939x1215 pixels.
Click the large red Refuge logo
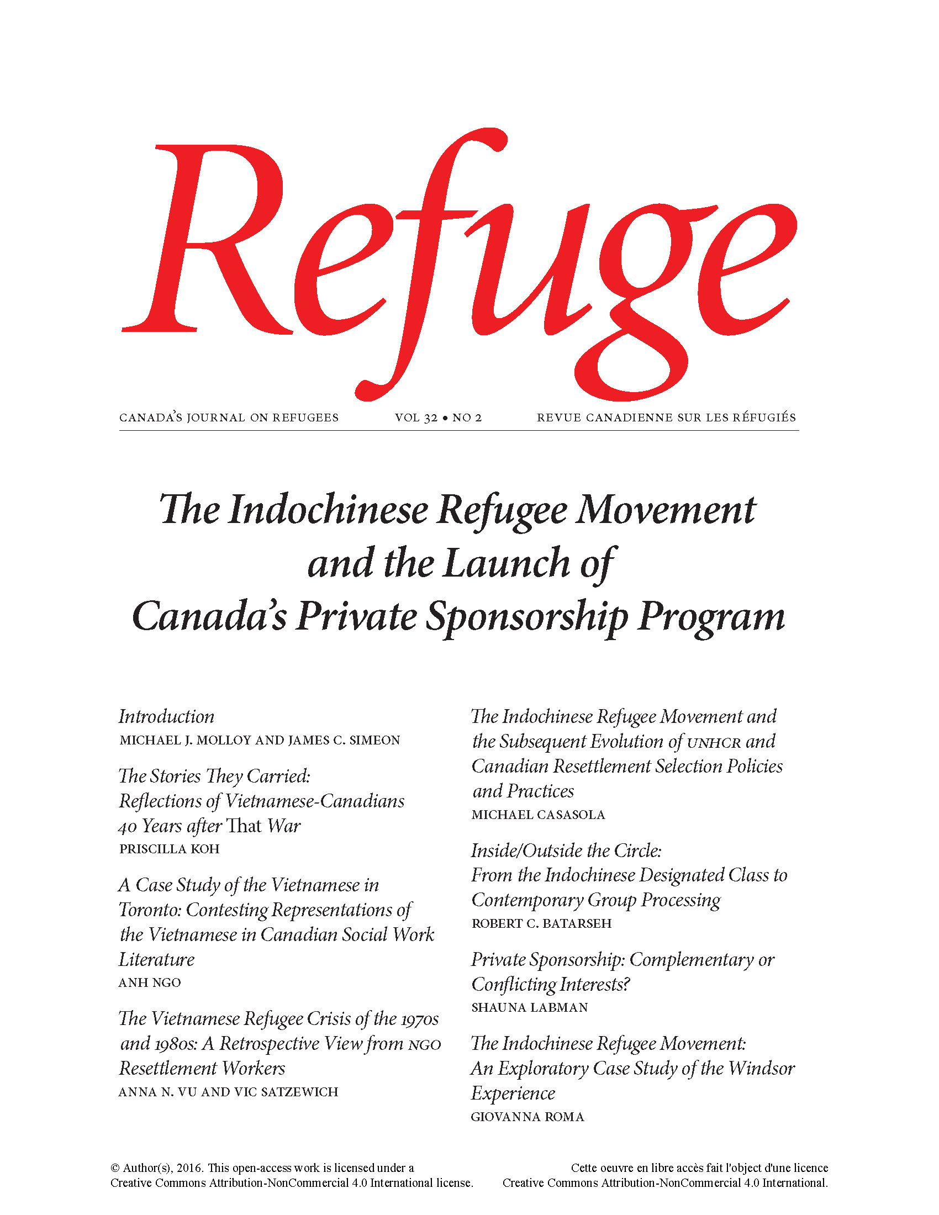pyautogui.click(x=459, y=261)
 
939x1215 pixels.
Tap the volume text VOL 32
pyautogui.click(x=415, y=418)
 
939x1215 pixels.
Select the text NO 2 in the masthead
pyautogui.click(x=467, y=418)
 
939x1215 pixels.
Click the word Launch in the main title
pyautogui.click(x=506, y=563)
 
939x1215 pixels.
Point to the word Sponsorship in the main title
pyautogui.click(x=526, y=617)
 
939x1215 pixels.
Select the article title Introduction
pyautogui.click(x=166, y=716)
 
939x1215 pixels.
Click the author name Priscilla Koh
pyautogui.click(x=169, y=849)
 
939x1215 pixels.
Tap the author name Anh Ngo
pyautogui.click(x=150, y=982)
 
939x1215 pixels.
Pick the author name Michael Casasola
pyautogui.click(x=538, y=815)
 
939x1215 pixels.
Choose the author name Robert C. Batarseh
pyautogui.click(x=541, y=923)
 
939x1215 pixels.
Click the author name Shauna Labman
pyautogui.click(x=529, y=1007)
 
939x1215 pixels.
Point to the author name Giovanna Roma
pyautogui.click(x=527, y=1117)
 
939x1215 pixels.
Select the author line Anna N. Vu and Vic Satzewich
pyautogui.click(x=228, y=1092)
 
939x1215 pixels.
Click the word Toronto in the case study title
pyautogui.click(x=149, y=910)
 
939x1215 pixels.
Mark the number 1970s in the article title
pyautogui.click(x=419, y=1019)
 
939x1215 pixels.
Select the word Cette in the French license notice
pyautogui.click(x=584, y=1168)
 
